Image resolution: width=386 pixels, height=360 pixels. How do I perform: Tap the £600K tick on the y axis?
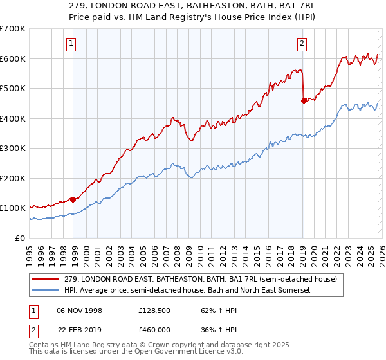12,59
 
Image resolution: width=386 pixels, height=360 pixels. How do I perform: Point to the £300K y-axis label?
12,148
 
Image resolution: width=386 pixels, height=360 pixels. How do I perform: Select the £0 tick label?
19,238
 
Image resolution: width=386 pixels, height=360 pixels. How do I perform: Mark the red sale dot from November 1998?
73,199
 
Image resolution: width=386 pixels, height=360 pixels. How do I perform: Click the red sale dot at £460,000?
304,100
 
